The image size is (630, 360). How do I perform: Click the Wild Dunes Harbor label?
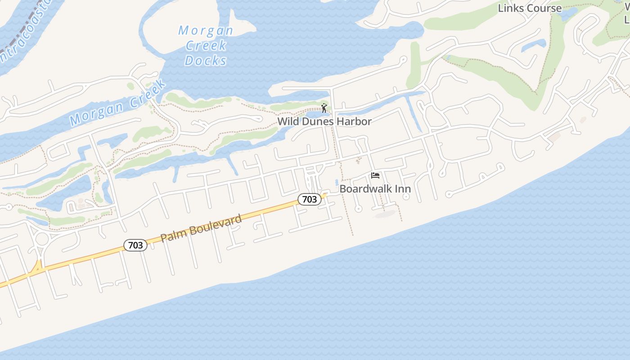pyautogui.click(x=324, y=121)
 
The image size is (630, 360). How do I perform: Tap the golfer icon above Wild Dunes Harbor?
pyautogui.click(x=324, y=108)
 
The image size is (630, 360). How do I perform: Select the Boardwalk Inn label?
pyautogui.click(x=375, y=189)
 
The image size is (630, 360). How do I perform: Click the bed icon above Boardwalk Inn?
pyautogui.click(x=375, y=175)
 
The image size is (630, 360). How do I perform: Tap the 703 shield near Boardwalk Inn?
pyautogui.click(x=310, y=199)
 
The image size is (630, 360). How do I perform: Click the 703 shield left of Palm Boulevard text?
pyautogui.click(x=135, y=245)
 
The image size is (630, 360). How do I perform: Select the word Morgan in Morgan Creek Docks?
pyautogui.click(x=206, y=31)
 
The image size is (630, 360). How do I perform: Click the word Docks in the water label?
pyautogui.click(x=206, y=60)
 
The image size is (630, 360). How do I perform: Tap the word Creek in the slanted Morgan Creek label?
pyautogui.click(x=145, y=95)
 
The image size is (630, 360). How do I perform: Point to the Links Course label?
pyautogui.click(x=530, y=8)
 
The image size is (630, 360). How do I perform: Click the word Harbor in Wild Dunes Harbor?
pyautogui.click(x=356, y=121)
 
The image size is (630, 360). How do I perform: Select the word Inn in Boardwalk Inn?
pyautogui.click(x=403, y=189)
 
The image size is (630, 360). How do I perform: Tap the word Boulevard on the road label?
pyautogui.click(x=215, y=224)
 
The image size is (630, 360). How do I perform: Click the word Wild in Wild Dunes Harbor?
pyautogui.click(x=288, y=121)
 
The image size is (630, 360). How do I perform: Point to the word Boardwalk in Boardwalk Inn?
pyautogui.click(x=366, y=189)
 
